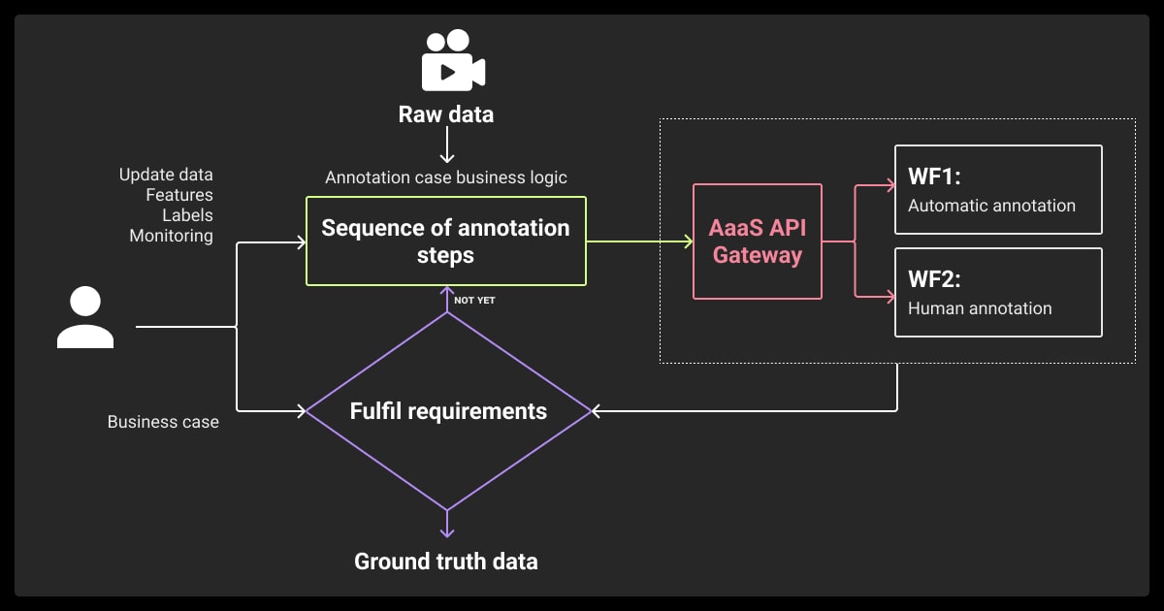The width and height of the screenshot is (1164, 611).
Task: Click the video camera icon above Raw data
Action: [x=453, y=61]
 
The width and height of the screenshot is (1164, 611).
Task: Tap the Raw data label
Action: [x=446, y=114]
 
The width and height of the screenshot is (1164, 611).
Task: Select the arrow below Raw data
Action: [x=446, y=147]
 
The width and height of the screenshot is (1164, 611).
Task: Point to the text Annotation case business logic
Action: [x=446, y=177]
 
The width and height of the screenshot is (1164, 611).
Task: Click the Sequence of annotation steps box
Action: [x=446, y=241]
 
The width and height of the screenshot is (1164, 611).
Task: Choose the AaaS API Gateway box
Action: [x=757, y=241]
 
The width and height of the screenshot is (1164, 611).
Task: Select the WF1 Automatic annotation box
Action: [x=998, y=190]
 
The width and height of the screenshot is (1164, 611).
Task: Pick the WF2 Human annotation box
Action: [x=998, y=293]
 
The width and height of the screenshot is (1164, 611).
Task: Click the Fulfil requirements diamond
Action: [x=448, y=411]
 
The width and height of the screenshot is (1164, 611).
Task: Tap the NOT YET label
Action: [x=474, y=301]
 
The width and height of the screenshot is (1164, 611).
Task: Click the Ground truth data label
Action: [x=446, y=561]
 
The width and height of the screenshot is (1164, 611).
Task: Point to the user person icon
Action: [x=85, y=318]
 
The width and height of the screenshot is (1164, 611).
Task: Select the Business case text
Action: [x=163, y=422]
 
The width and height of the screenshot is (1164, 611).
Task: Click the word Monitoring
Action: [x=171, y=236]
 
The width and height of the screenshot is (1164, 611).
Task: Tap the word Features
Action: [x=179, y=195]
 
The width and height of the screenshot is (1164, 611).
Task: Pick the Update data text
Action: [x=166, y=175]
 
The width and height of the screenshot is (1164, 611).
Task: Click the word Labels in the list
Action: [x=187, y=215]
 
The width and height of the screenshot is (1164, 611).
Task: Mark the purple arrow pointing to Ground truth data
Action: [x=446, y=524]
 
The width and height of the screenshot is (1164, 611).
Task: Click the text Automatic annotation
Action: [x=991, y=206]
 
